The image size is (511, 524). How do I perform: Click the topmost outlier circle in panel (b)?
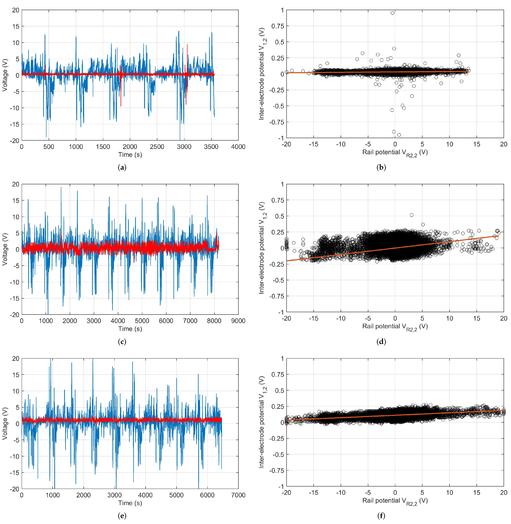click(x=392, y=13)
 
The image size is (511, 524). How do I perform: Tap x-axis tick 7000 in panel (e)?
click(x=238, y=495)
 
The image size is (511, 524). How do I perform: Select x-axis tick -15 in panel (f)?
click(x=313, y=493)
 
